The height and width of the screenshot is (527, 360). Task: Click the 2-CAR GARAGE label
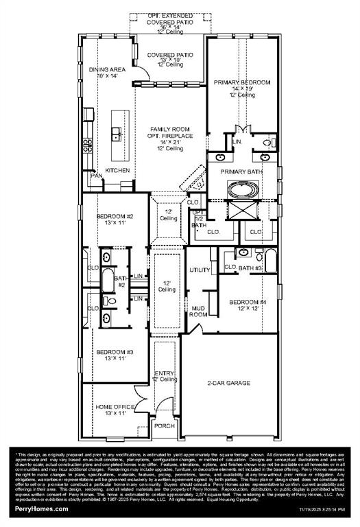tap(228, 383)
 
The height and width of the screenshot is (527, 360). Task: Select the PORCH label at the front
tap(164, 426)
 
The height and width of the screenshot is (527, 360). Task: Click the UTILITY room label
tap(200, 270)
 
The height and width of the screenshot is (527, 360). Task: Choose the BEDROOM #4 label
tap(248, 302)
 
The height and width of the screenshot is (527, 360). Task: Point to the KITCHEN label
tap(117, 170)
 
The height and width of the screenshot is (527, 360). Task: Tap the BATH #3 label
tap(250, 268)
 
